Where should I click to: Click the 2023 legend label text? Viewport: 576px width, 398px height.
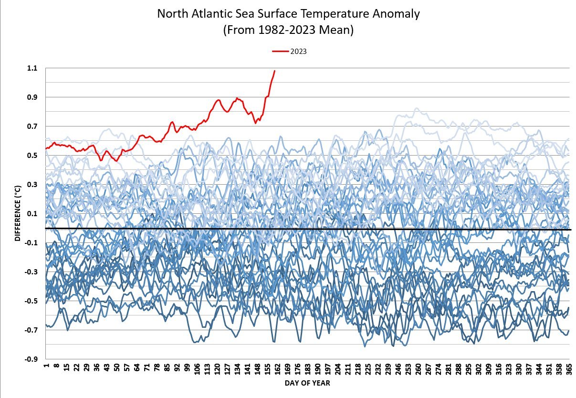pos(298,52)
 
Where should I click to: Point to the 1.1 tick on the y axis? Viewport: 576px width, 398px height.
pos(31,68)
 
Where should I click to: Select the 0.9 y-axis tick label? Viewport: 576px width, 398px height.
pos(31,97)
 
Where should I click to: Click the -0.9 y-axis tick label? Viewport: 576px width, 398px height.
pos(31,359)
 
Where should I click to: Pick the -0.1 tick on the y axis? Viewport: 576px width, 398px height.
pos(31,243)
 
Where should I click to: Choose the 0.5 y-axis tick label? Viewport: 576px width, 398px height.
pos(31,156)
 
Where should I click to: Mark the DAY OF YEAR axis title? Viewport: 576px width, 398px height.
pos(307,383)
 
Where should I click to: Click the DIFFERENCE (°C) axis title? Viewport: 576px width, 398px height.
pos(18,213)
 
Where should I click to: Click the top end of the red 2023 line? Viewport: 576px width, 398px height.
pos(274,71)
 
